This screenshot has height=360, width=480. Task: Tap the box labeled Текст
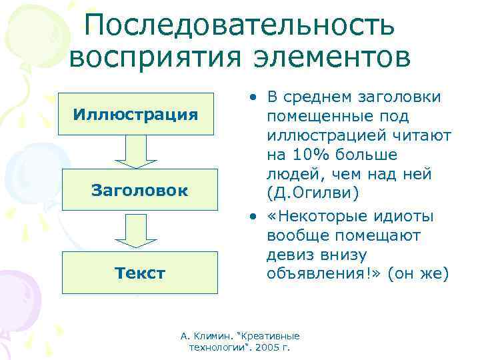click(139, 272)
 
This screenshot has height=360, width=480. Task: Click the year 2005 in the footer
click(267, 348)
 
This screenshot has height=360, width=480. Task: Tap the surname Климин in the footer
click(213, 337)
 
